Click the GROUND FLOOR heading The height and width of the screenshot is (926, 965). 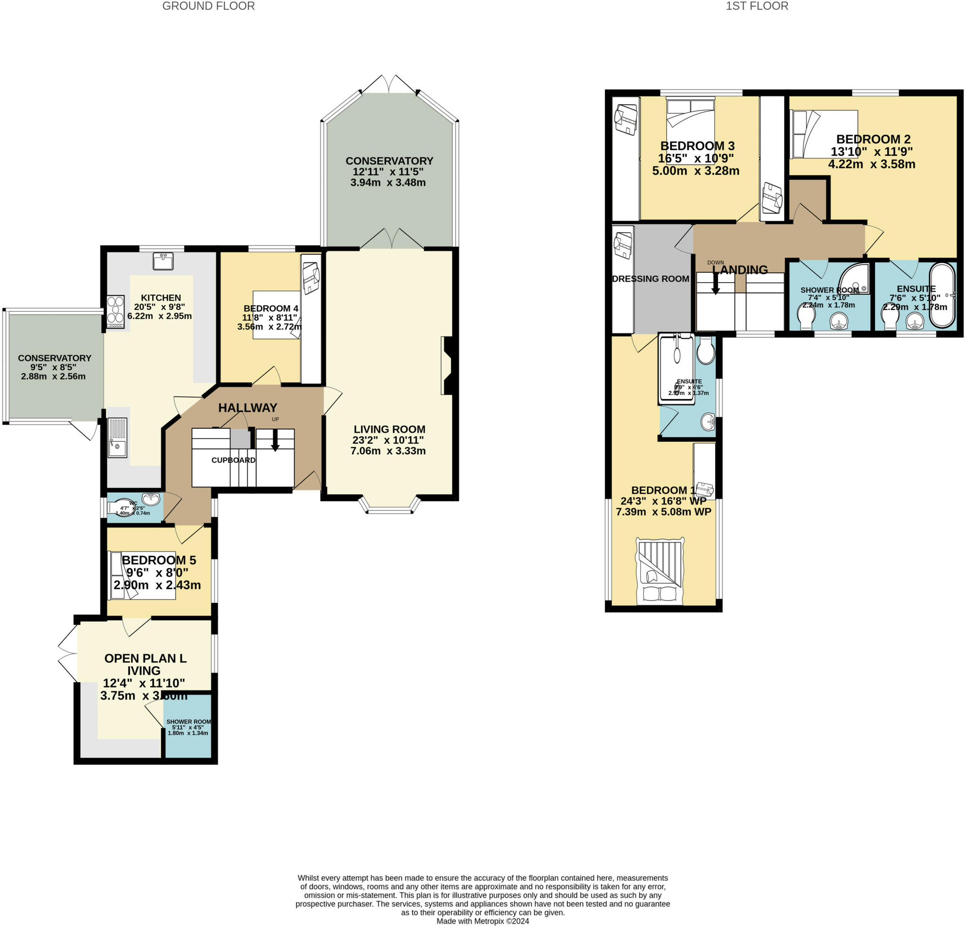[208, 7]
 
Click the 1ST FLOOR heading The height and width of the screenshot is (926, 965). [757, 7]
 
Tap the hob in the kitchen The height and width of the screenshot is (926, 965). [115, 311]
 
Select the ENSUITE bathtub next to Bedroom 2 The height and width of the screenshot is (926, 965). [942, 295]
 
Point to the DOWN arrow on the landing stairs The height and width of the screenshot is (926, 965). [715, 284]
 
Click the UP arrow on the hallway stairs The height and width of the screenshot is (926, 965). [275, 440]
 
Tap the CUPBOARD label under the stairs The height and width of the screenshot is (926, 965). [233, 460]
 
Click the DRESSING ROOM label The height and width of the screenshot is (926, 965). [650, 279]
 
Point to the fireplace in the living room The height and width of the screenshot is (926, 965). [448, 366]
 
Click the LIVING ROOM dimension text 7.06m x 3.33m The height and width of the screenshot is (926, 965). [388, 451]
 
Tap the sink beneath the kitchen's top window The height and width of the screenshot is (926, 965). [163, 261]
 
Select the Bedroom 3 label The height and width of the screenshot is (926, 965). [697, 146]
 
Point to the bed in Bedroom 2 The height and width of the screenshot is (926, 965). [824, 134]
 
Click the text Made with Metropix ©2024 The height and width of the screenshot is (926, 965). [482, 921]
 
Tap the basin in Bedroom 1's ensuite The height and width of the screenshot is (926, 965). [708, 421]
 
